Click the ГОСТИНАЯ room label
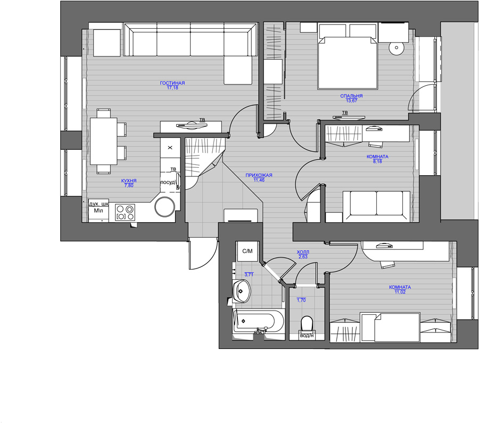click(x=172, y=83)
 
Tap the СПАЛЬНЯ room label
click(x=351, y=96)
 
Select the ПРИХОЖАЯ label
click(x=259, y=175)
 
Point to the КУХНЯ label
click(x=129, y=181)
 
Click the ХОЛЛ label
click(x=303, y=252)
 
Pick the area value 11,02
click(x=400, y=292)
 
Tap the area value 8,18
click(x=377, y=161)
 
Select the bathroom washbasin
click(x=242, y=291)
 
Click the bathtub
click(x=259, y=322)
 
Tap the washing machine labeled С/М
click(x=247, y=251)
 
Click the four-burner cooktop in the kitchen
click(x=125, y=212)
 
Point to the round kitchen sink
click(x=164, y=207)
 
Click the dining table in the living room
click(x=104, y=141)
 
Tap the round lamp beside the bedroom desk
click(x=397, y=48)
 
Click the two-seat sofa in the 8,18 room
click(x=377, y=207)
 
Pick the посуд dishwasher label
click(x=168, y=182)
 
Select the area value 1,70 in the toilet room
click(x=301, y=300)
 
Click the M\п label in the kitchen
click(x=98, y=210)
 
